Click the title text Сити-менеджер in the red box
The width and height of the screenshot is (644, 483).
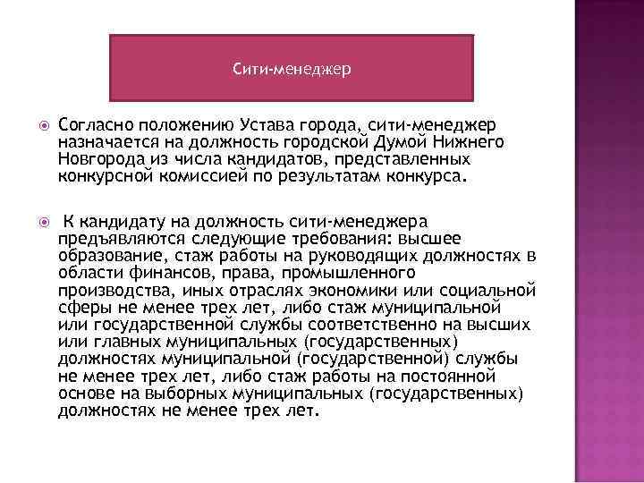[291, 67]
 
